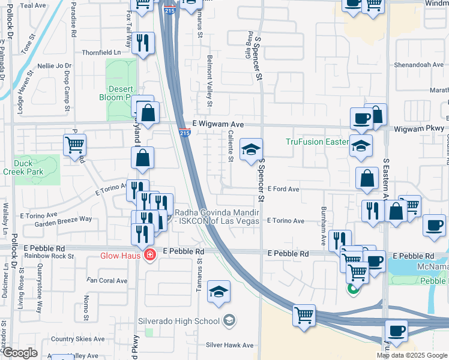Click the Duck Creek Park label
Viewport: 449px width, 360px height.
31,167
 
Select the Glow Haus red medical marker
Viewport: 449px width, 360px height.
148,256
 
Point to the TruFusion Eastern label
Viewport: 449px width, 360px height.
316,142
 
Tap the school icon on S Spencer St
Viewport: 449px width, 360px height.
251,149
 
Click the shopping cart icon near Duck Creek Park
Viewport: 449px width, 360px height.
75,144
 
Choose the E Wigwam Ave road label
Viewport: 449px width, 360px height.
218,124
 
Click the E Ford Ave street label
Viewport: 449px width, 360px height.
283,188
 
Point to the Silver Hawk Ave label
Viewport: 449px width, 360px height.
230,345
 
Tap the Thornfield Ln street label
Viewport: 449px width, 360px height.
101,52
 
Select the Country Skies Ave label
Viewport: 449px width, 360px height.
78,339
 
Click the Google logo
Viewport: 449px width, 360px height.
20,352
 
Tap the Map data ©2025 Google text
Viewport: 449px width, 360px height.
412,355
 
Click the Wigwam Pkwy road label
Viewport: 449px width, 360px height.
419,128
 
